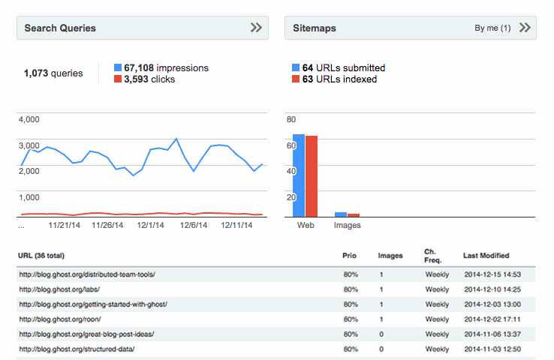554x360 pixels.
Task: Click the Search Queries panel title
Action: click(x=60, y=28)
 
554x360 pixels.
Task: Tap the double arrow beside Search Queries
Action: click(x=256, y=28)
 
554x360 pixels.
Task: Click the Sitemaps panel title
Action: click(x=314, y=28)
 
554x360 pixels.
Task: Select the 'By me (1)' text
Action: click(x=492, y=28)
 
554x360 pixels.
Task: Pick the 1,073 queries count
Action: click(x=53, y=73)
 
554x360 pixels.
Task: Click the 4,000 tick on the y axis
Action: click(x=29, y=119)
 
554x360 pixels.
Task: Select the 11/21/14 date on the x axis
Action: click(x=64, y=224)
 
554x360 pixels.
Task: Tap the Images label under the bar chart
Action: click(x=347, y=225)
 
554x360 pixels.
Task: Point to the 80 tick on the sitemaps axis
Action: click(x=291, y=119)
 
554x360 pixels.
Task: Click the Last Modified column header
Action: click(x=486, y=256)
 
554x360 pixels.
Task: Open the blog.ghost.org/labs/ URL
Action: click(x=59, y=289)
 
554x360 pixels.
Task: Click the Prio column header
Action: click(x=350, y=256)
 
